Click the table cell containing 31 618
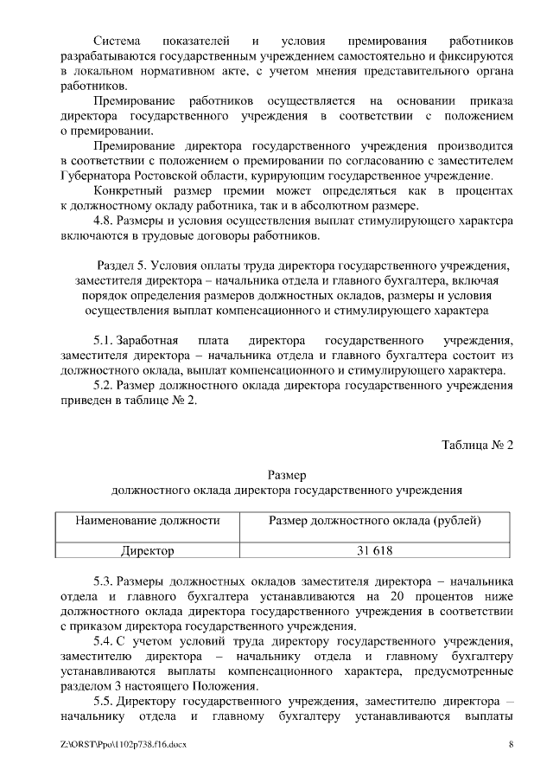point(375,550)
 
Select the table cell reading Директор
point(147,550)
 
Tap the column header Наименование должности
point(147,521)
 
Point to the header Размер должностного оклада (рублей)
point(375,521)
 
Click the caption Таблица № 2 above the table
point(477,446)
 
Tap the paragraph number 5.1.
point(103,337)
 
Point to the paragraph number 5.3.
point(103,580)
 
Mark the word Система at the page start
point(118,42)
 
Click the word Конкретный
point(126,190)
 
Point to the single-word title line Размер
point(286,475)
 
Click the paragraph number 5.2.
point(103,385)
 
